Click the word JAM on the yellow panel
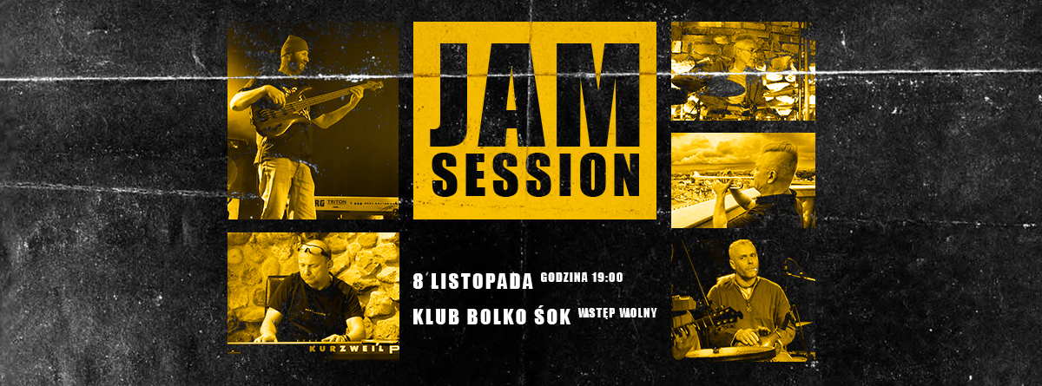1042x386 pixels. click(x=535, y=95)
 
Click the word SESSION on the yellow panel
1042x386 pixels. click(x=536, y=174)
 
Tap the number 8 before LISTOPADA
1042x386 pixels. click(x=419, y=281)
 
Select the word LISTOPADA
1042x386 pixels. click(x=482, y=282)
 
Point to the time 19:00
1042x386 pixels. click(x=607, y=278)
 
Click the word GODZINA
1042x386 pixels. click(x=564, y=278)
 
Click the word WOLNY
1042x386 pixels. click(x=636, y=313)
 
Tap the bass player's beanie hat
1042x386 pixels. click(x=294, y=45)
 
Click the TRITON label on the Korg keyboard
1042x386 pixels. click(x=337, y=202)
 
